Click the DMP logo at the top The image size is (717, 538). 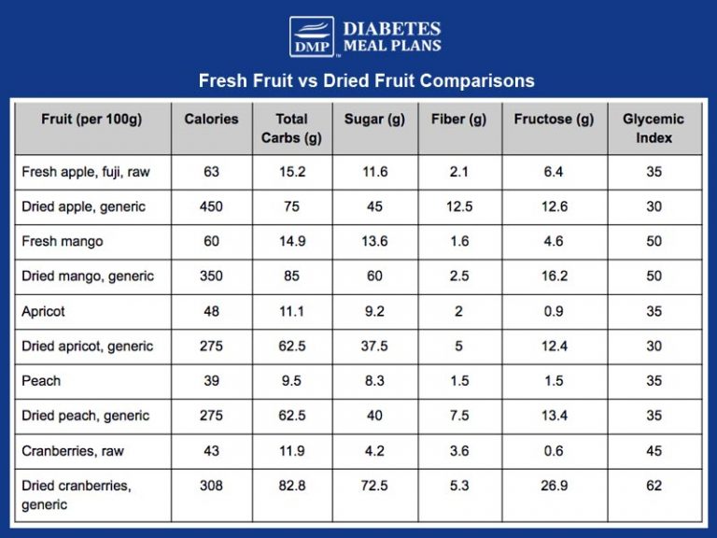point(310,37)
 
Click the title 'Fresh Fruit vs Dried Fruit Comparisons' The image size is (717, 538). point(366,80)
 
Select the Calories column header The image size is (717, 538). point(211,120)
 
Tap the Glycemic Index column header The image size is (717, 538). point(654,129)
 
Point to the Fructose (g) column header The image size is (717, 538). point(554,120)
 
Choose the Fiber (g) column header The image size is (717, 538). point(458,120)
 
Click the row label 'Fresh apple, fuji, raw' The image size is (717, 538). point(85,172)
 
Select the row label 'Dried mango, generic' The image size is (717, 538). point(88,276)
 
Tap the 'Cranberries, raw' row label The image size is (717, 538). point(74,451)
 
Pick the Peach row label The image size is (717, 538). point(41,381)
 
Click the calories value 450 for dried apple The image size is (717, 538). point(211,206)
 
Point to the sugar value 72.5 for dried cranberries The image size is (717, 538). point(373,486)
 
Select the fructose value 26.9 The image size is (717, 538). point(554,486)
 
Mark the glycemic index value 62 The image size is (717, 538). point(654,486)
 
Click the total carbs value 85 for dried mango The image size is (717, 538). point(292,276)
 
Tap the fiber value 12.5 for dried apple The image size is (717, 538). point(458,206)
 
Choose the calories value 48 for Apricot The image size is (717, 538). point(211,312)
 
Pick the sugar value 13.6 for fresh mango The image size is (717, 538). point(373,242)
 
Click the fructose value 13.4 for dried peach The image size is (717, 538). point(554,416)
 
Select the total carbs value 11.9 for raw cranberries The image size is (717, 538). point(292,451)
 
